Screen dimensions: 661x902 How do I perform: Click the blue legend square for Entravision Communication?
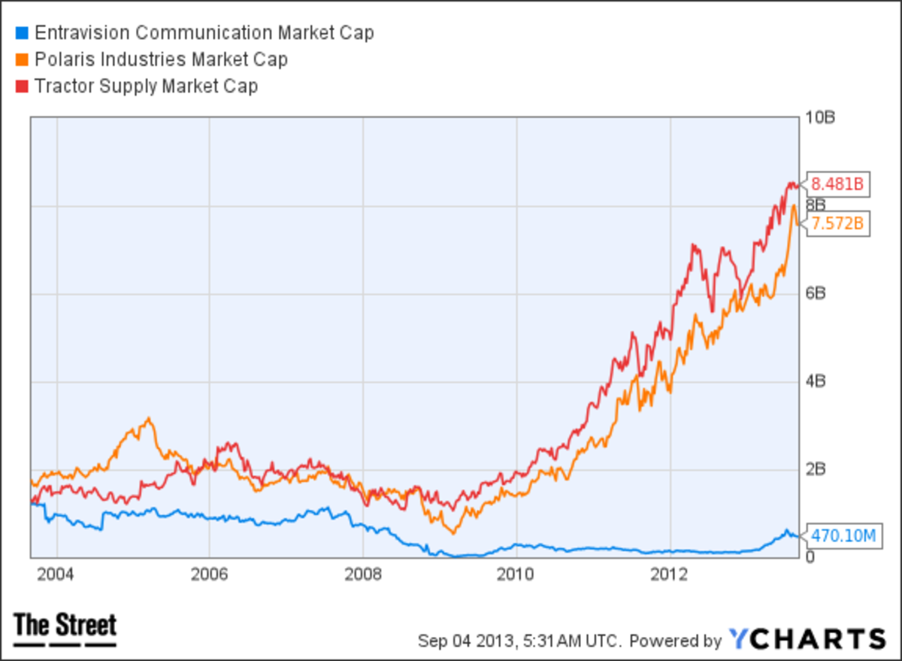(21, 34)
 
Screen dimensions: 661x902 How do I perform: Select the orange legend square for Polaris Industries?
(21, 60)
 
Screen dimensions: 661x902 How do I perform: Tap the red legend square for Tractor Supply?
(21, 86)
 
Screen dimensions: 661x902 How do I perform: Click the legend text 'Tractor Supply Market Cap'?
(146, 86)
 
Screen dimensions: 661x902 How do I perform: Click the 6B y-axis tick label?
(816, 293)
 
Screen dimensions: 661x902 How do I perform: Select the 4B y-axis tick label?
(816, 381)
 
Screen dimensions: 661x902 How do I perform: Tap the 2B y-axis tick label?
(816, 469)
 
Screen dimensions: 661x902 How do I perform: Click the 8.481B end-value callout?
(838, 183)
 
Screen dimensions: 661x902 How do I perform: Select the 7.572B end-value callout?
(838, 223)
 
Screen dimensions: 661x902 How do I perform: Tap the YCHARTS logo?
(807, 639)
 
